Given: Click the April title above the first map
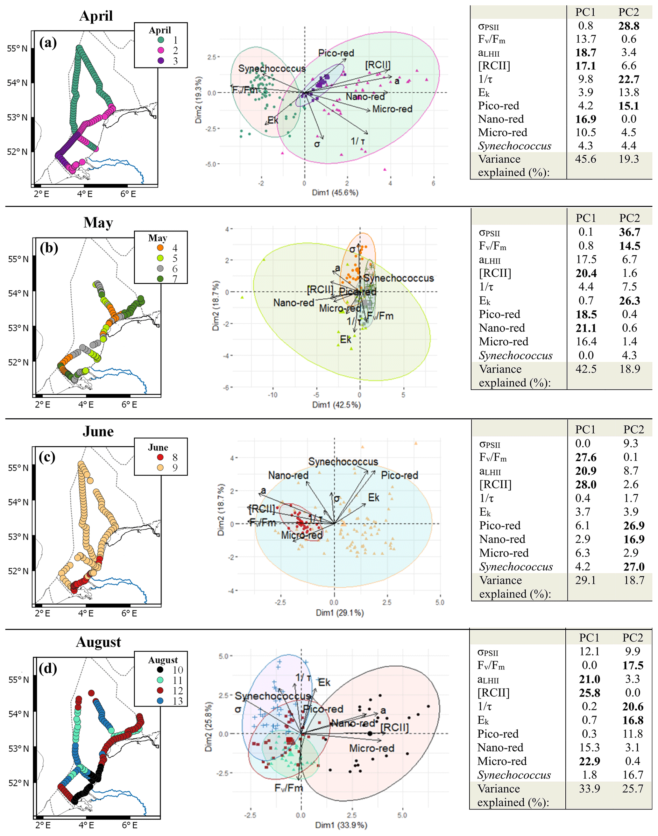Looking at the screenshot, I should (96, 16).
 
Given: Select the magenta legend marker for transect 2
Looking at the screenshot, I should (161, 50).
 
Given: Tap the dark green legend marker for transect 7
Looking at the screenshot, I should (160, 279).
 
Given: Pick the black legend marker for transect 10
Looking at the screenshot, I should (160, 670).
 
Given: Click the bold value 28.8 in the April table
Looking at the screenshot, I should (629, 26).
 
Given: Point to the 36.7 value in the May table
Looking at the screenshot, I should (629, 232).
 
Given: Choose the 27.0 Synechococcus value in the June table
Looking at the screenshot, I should (634, 566).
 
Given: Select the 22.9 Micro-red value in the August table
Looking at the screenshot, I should (590, 761).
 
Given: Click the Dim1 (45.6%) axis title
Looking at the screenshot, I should (335, 192).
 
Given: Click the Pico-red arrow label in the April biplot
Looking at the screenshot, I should (336, 53).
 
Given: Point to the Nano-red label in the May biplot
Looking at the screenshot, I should (294, 303).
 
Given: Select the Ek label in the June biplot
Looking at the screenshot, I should (373, 497).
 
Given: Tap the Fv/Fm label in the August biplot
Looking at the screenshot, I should (288, 788).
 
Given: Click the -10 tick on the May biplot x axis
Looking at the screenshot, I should (272, 395).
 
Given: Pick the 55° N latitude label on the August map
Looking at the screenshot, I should (18, 680).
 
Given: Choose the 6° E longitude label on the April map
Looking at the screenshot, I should (128, 194).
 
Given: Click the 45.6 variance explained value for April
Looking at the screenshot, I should (585, 159).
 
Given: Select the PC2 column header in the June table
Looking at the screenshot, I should (634, 429).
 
